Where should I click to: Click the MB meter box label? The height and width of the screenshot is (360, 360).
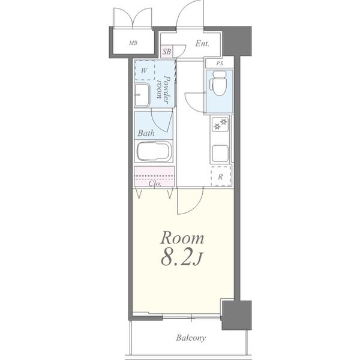pyautogui.click(x=133, y=43)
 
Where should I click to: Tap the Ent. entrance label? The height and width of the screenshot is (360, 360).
pyautogui.click(x=202, y=43)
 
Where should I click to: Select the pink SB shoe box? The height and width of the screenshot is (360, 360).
pyautogui.click(x=167, y=52)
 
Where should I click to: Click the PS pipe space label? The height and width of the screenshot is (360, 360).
pyautogui.click(x=220, y=64)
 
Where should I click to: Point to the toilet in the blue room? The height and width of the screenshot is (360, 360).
pyautogui.click(x=220, y=83)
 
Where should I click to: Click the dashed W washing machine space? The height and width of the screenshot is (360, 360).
pyautogui.click(x=145, y=70)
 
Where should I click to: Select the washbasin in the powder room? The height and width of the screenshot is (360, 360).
pyautogui.click(x=142, y=95)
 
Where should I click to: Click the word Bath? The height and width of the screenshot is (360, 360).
pyautogui.click(x=146, y=133)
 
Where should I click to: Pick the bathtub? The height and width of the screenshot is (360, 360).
pyautogui.click(x=154, y=151)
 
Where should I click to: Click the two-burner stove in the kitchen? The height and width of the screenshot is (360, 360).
pyautogui.click(x=220, y=124)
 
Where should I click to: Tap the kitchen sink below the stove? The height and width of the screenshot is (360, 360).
pyautogui.click(x=220, y=154)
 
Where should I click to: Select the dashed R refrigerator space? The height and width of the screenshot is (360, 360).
pyautogui.click(x=221, y=176)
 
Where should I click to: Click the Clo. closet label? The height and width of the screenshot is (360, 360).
pyautogui.click(x=155, y=184)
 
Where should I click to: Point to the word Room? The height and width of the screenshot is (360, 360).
pyautogui.click(x=182, y=238)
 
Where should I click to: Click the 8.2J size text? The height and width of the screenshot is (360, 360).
pyautogui.click(x=182, y=259)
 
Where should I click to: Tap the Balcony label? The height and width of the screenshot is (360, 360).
pyautogui.click(x=191, y=338)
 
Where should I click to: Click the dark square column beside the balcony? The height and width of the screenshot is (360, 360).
pyautogui.click(x=236, y=315)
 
